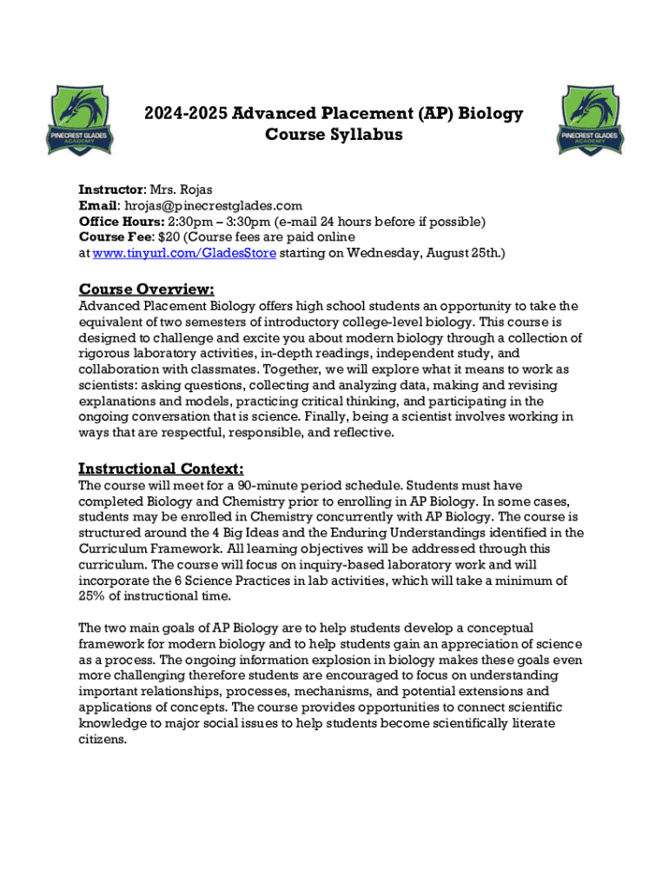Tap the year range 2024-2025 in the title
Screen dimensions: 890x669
181,114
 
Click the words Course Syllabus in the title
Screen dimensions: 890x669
334,136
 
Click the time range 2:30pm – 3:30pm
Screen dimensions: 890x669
225,221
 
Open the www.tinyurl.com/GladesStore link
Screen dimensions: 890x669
184,253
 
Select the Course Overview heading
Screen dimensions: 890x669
147,289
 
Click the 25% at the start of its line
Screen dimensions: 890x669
92,595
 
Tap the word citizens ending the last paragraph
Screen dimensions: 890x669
103,740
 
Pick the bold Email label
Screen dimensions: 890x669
98,205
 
